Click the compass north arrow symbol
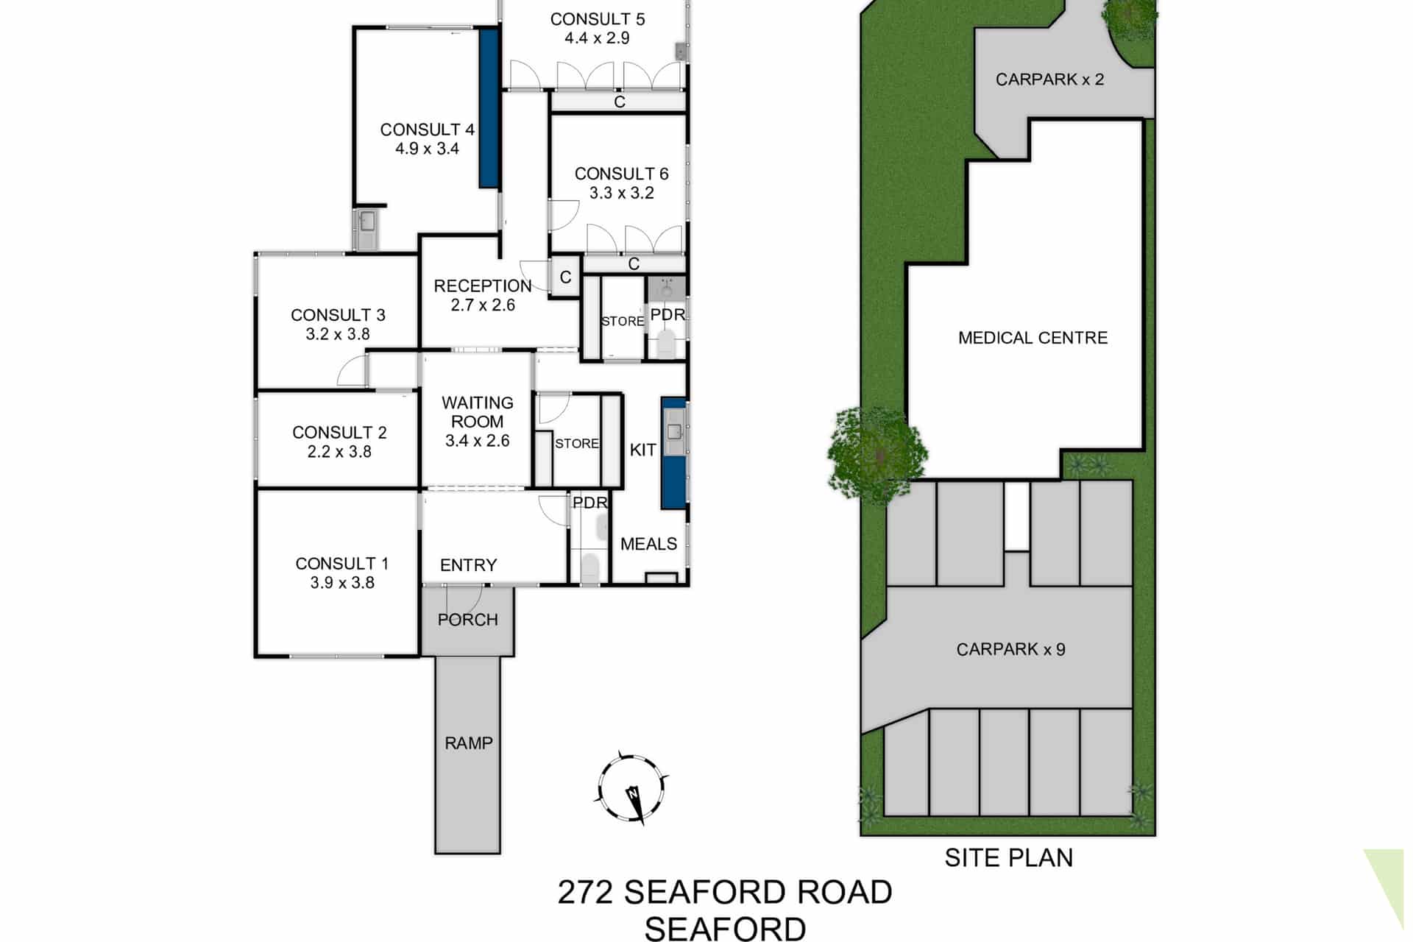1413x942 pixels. click(632, 789)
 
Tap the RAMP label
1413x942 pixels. click(469, 743)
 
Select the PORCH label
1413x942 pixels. click(468, 620)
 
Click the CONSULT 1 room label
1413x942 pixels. click(342, 564)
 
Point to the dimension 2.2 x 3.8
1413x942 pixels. click(339, 452)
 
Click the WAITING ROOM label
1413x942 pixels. click(478, 412)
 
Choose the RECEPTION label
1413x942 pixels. click(483, 286)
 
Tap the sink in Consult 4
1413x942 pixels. click(366, 228)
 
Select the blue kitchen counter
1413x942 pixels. click(673, 453)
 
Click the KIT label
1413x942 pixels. click(643, 450)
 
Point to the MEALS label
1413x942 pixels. click(648, 544)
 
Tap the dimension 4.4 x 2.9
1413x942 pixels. click(597, 38)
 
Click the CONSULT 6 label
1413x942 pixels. click(622, 174)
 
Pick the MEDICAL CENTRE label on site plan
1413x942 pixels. click(1033, 338)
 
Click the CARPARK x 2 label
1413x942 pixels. click(1050, 79)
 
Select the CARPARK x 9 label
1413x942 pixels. click(1011, 649)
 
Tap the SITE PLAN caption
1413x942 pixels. click(1009, 858)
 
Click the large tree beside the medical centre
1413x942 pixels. click(877, 456)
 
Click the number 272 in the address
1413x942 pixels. click(585, 892)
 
